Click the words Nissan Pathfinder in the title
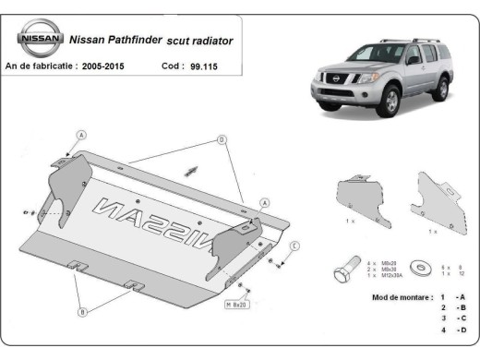110,42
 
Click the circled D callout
222,139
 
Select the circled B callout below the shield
82,312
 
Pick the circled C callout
294,245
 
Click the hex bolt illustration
344,269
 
